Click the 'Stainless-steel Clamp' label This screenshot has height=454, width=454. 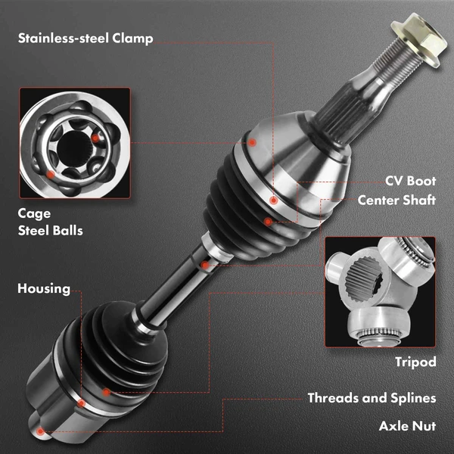[86, 39]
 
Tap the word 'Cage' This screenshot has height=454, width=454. [34, 214]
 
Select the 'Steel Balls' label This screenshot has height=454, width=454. [51, 231]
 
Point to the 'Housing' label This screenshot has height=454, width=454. [44, 289]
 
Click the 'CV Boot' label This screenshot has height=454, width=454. [410, 181]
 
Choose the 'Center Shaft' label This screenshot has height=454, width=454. [396, 200]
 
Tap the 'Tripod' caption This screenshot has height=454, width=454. [415, 362]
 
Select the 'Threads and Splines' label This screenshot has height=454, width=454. [372, 398]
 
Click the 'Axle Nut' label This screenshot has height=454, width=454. [407, 426]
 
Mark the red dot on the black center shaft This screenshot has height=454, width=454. [205, 265]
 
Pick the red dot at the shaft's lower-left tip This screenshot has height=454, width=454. [40, 432]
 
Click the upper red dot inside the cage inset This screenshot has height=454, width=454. [95, 138]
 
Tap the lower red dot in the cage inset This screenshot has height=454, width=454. [51, 174]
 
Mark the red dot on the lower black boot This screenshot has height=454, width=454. [106, 393]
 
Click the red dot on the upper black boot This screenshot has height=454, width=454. [268, 222]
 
